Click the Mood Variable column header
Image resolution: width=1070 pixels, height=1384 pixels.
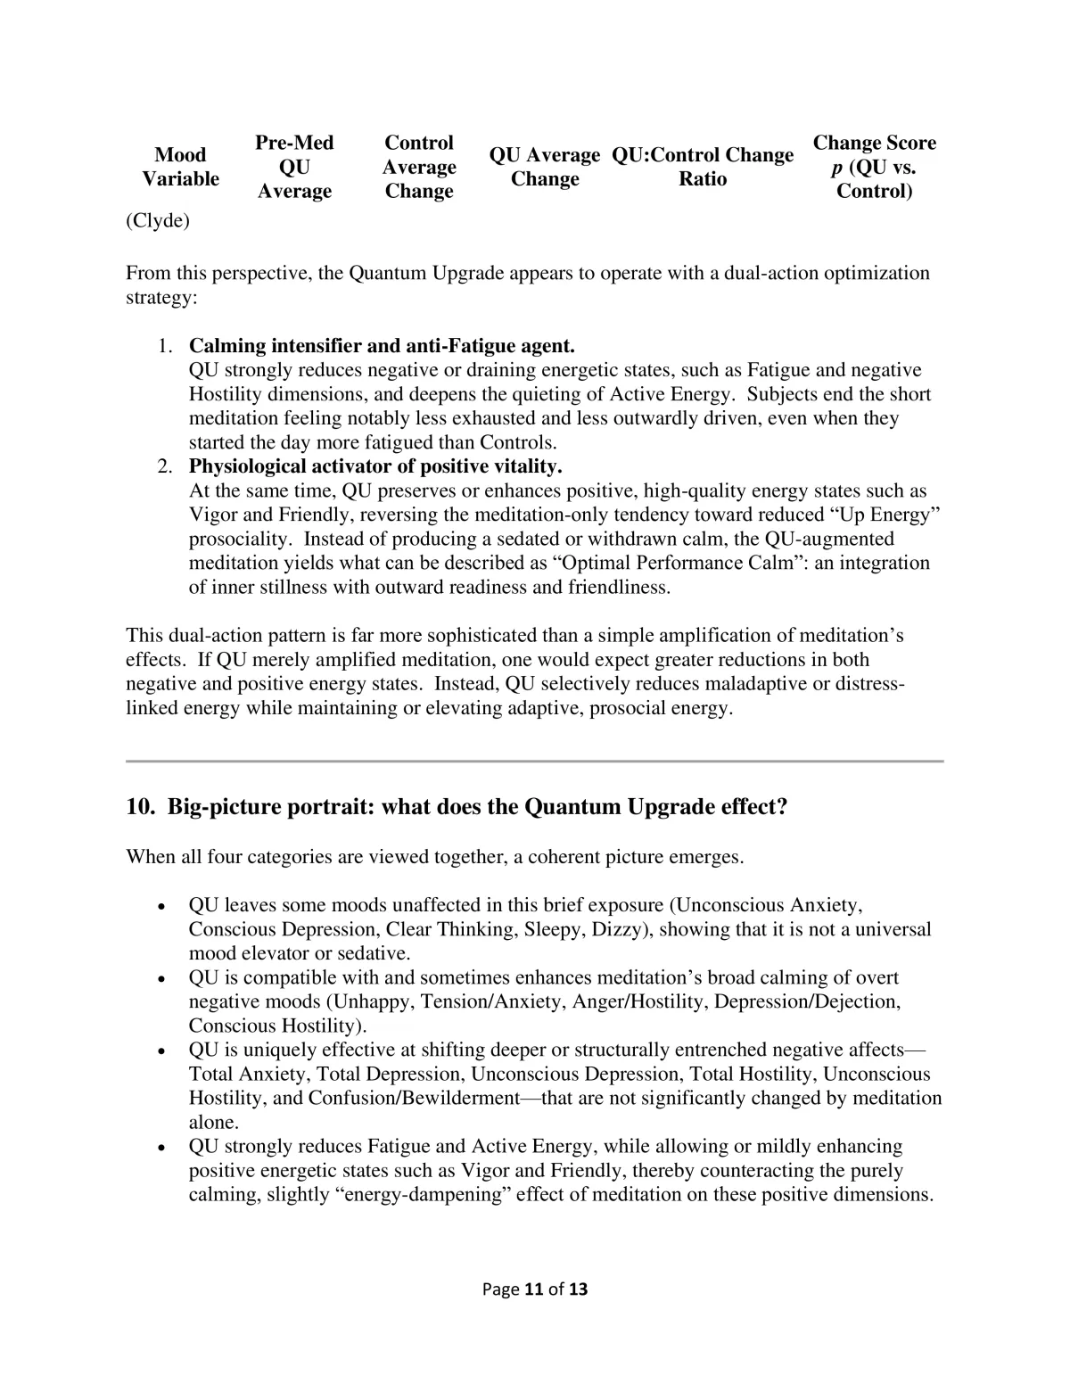pos(180,167)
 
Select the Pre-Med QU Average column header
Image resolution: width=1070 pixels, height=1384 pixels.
pos(294,167)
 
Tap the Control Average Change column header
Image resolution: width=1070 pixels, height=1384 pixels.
pos(419,167)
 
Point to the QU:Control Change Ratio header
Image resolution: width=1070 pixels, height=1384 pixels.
pos(703,167)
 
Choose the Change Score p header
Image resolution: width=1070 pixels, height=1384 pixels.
pos(874,167)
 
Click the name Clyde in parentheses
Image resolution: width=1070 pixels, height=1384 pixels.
pos(158,221)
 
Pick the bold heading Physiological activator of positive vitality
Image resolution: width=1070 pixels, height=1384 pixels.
pos(375,466)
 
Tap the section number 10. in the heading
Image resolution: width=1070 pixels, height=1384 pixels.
pos(141,807)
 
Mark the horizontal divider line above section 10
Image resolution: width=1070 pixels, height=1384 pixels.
pos(535,761)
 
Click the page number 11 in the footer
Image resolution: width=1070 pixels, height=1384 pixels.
pos(534,1289)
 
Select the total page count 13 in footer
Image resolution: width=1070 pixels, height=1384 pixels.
pos(578,1289)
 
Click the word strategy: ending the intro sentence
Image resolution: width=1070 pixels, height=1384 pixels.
pos(161,298)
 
